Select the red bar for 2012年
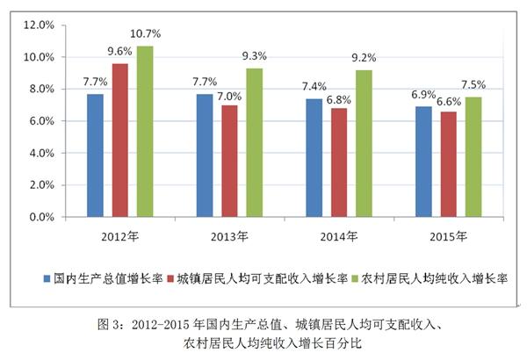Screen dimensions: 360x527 (x=119, y=140)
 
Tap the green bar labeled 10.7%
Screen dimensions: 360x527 (x=144, y=132)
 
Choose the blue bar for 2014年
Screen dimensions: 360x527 (x=314, y=158)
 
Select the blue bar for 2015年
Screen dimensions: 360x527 (x=423, y=162)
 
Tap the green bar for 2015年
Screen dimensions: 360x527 (x=473, y=157)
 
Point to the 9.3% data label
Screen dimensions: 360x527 (x=255, y=56)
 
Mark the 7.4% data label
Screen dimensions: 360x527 (x=314, y=86)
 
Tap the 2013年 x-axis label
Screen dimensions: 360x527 (x=229, y=235)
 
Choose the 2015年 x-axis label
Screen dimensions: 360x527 (x=449, y=235)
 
